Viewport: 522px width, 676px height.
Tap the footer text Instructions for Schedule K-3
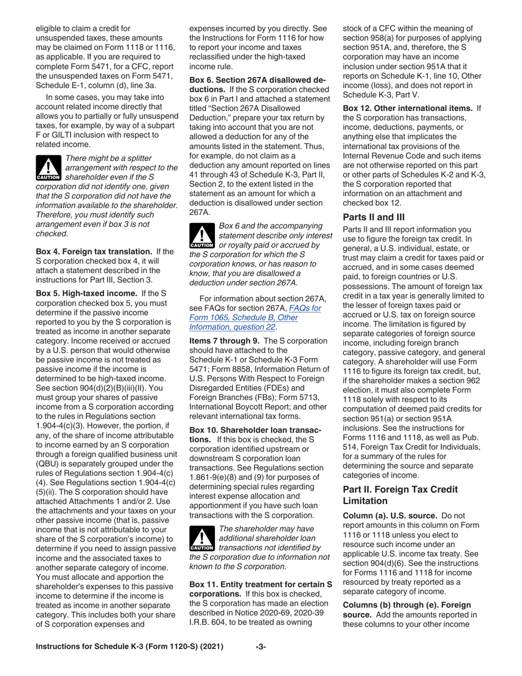[129, 662]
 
